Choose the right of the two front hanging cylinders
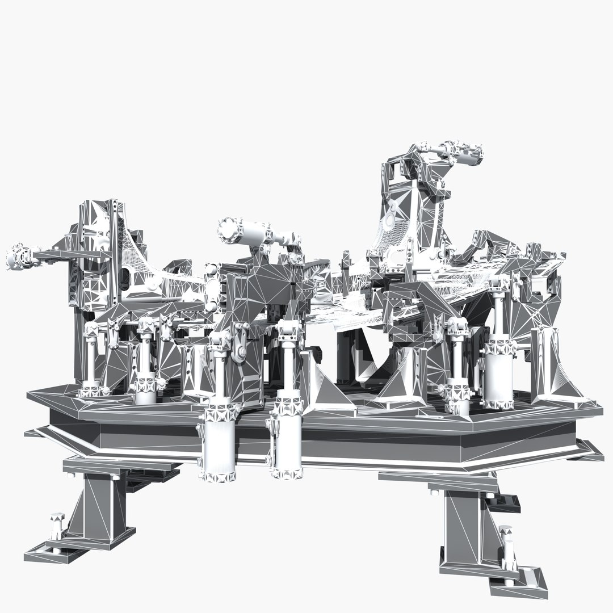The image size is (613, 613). pyautogui.click(x=287, y=440)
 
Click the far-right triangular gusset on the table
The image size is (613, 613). pyautogui.click(x=562, y=363)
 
